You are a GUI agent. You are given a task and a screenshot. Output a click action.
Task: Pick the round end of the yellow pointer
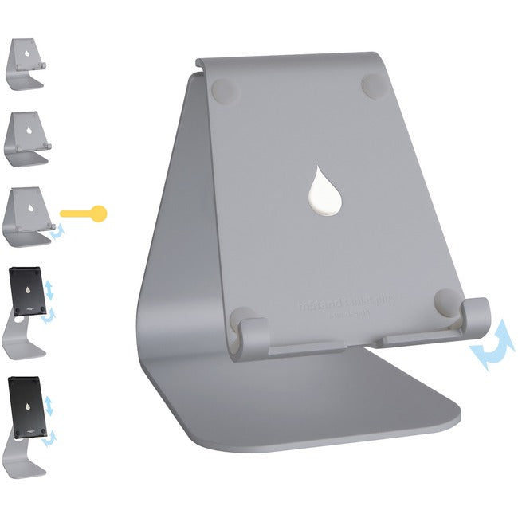pyautogui.click(x=98, y=213)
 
